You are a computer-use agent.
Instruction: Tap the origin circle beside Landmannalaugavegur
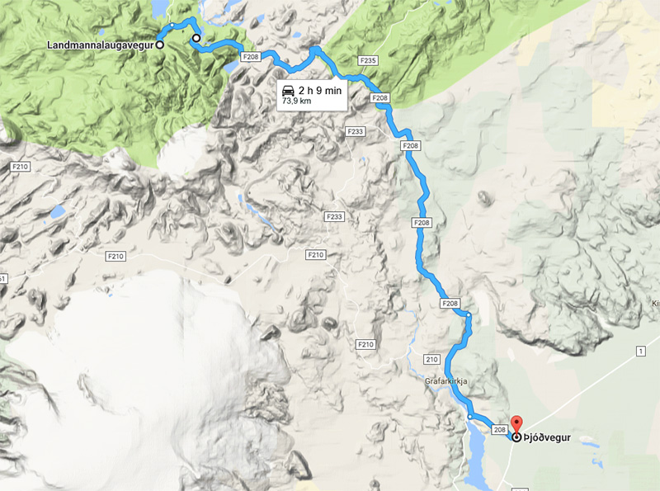coord(159,45)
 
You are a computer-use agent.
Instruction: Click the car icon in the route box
coord(287,90)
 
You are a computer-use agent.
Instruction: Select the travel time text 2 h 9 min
coord(320,90)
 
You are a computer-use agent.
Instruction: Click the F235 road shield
coord(368,61)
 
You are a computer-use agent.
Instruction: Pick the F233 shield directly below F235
coord(356,132)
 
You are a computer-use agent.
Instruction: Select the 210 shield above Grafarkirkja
coord(432,360)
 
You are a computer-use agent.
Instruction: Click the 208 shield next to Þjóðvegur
coord(498,430)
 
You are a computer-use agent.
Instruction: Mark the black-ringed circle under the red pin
coord(517,438)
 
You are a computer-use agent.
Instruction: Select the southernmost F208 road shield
coord(450,304)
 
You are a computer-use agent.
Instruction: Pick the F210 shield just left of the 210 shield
coord(366,343)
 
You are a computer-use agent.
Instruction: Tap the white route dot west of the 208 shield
coord(469,418)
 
